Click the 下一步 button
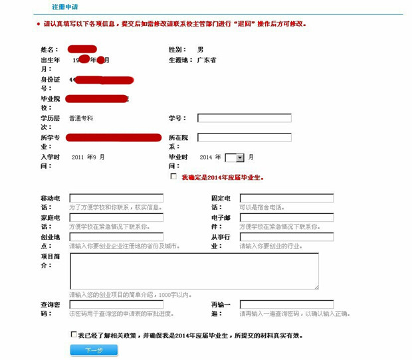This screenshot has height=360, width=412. coord(94,350)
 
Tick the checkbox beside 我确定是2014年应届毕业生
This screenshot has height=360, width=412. coord(173,177)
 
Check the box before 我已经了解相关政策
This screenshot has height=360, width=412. coord(73,335)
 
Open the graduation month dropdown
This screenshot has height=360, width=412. coord(235,158)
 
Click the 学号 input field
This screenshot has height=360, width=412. coord(245,118)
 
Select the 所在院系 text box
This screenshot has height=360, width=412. coord(245,138)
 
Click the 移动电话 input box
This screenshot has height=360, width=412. coord(116,199)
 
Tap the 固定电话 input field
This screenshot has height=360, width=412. coord(286,199)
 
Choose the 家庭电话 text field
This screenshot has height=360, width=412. coord(116,218)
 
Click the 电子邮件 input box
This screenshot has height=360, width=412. coord(286,218)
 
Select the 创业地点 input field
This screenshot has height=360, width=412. coord(116,237)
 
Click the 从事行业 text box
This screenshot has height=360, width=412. coord(286,237)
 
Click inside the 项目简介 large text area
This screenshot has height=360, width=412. coord(193,271)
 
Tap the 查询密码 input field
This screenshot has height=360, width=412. coord(116,304)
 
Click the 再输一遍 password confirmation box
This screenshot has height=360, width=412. coord(286,304)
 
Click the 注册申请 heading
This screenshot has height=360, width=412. coord(64,7)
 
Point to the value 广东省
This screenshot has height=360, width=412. coord(207,60)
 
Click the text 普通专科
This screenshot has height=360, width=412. coord(81,118)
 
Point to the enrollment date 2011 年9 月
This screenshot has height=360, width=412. coord(88,157)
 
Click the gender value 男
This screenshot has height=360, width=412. coord(201,50)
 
